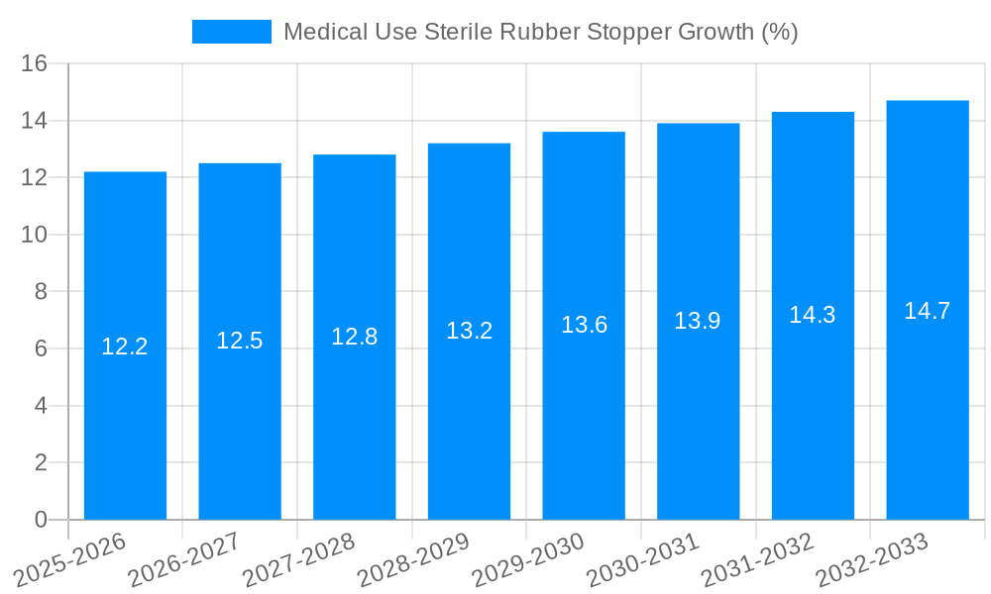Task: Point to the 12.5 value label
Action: tap(240, 341)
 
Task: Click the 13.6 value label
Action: tap(584, 325)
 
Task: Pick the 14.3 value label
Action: tap(813, 315)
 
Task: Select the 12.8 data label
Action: tap(355, 337)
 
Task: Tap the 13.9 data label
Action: tap(698, 321)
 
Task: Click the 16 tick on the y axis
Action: tap(35, 64)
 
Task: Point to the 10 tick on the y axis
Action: tap(35, 236)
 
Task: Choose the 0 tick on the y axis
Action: tap(41, 520)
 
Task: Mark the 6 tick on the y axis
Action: tap(41, 349)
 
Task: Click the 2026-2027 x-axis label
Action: tap(183, 559)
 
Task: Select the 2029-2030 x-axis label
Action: tap(527, 559)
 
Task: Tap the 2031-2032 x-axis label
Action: tap(757, 559)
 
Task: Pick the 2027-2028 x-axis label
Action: tap(298, 559)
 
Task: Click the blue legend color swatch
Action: tap(232, 33)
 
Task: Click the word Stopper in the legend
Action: tap(629, 33)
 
